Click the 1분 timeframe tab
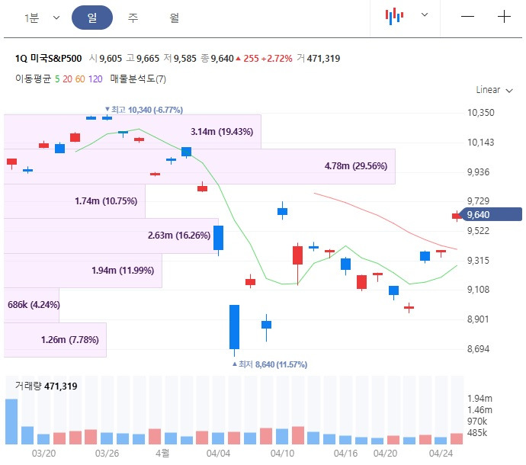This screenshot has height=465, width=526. [x=32, y=18]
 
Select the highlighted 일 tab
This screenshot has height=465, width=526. [x=91, y=18]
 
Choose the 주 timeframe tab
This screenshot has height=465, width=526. [x=133, y=18]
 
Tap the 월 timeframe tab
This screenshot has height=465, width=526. [x=175, y=18]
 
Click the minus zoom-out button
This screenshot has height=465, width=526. [x=467, y=17]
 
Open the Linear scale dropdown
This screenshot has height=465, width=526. [x=488, y=90]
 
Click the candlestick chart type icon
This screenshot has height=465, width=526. [x=393, y=16]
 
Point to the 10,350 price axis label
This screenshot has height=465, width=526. [x=480, y=113]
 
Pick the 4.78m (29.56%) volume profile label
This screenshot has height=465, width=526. [x=356, y=166]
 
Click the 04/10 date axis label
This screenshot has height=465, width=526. [x=282, y=453]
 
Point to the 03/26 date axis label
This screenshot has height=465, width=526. [x=107, y=453]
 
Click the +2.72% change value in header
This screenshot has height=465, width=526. [x=277, y=59]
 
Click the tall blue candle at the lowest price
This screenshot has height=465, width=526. [x=234, y=328]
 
